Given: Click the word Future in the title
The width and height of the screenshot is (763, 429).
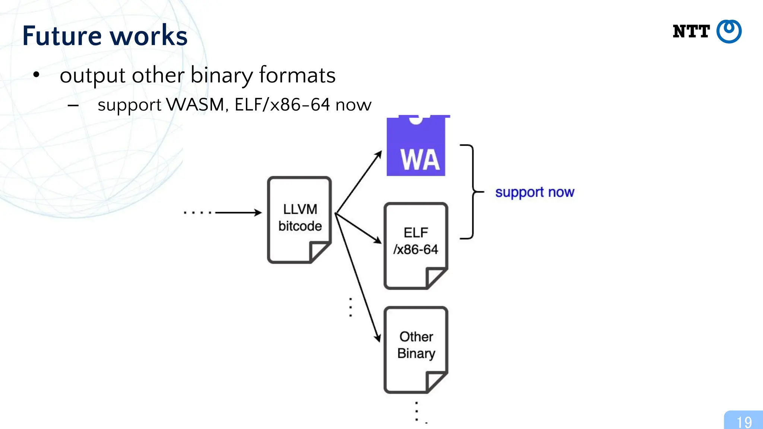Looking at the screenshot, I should tap(62, 36).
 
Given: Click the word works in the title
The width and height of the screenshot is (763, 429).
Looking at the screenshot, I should tap(149, 36).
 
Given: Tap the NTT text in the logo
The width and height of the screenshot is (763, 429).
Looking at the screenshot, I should tap(691, 32).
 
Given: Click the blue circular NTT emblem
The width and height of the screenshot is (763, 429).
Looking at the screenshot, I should tap(729, 32).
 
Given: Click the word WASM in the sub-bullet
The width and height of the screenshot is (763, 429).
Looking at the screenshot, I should tap(195, 105).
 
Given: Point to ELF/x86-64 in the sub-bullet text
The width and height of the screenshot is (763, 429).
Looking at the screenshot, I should tap(282, 105).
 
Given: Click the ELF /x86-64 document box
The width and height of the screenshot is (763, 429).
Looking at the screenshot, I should tap(416, 242).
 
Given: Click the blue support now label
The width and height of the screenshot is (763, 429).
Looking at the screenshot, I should tap(535, 192).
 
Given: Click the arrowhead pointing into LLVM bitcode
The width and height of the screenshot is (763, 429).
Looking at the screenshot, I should tap(258, 213).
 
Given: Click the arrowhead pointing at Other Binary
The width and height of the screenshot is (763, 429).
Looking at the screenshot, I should tap(378, 337).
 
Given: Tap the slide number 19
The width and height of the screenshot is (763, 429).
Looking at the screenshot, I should tap(744, 422).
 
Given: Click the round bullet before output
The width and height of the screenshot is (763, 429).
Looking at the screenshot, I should tap(36, 75).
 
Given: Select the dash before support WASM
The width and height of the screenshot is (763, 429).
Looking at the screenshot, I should tap(73, 106).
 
